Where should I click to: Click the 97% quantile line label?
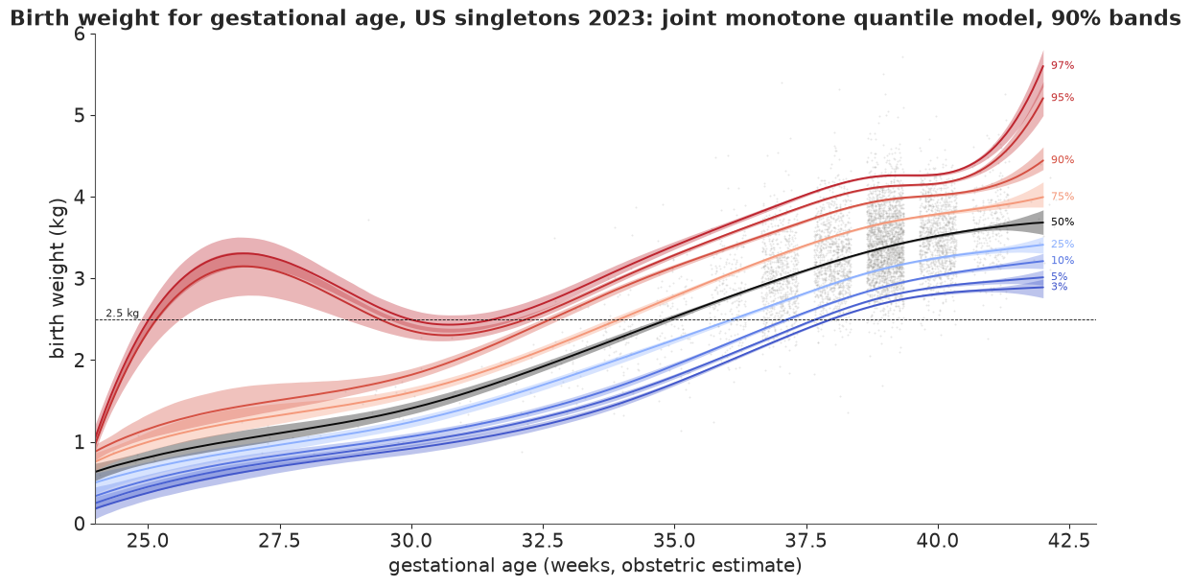pos(1063,65)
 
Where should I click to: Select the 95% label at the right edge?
pos(1063,97)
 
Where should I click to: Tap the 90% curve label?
pos(1063,159)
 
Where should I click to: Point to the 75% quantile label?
pos(1063,197)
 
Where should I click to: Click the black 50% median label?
pos(1063,222)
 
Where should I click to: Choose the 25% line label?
pos(1063,244)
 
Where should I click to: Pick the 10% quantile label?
pos(1063,260)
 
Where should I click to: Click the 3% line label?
pos(1059,287)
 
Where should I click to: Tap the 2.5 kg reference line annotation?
pos(123,314)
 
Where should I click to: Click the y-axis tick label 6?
pos(80,34)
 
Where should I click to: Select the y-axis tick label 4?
pos(80,197)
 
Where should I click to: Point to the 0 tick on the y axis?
pos(80,524)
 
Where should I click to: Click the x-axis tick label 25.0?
pos(148,541)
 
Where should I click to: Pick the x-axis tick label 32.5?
pos(543,541)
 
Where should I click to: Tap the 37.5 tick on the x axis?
pos(806,541)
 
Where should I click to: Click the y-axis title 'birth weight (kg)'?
pos(57,278)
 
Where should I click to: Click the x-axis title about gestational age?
pos(595,565)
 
